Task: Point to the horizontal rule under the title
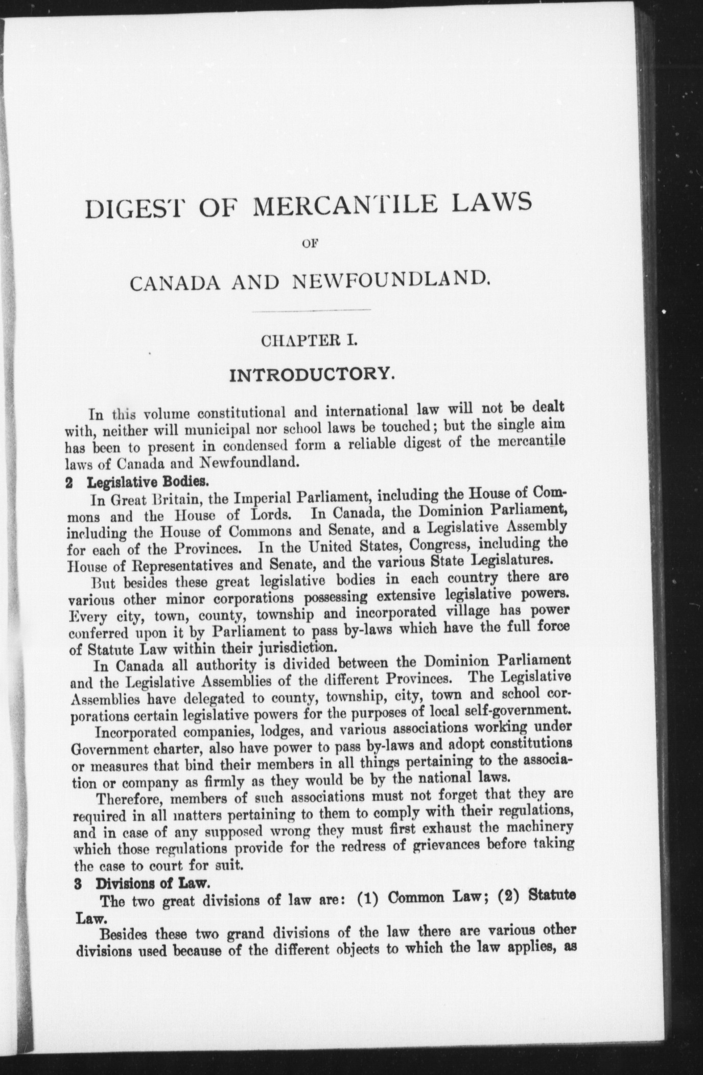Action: [x=311, y=310]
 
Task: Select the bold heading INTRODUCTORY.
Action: [x=312, y=376]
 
